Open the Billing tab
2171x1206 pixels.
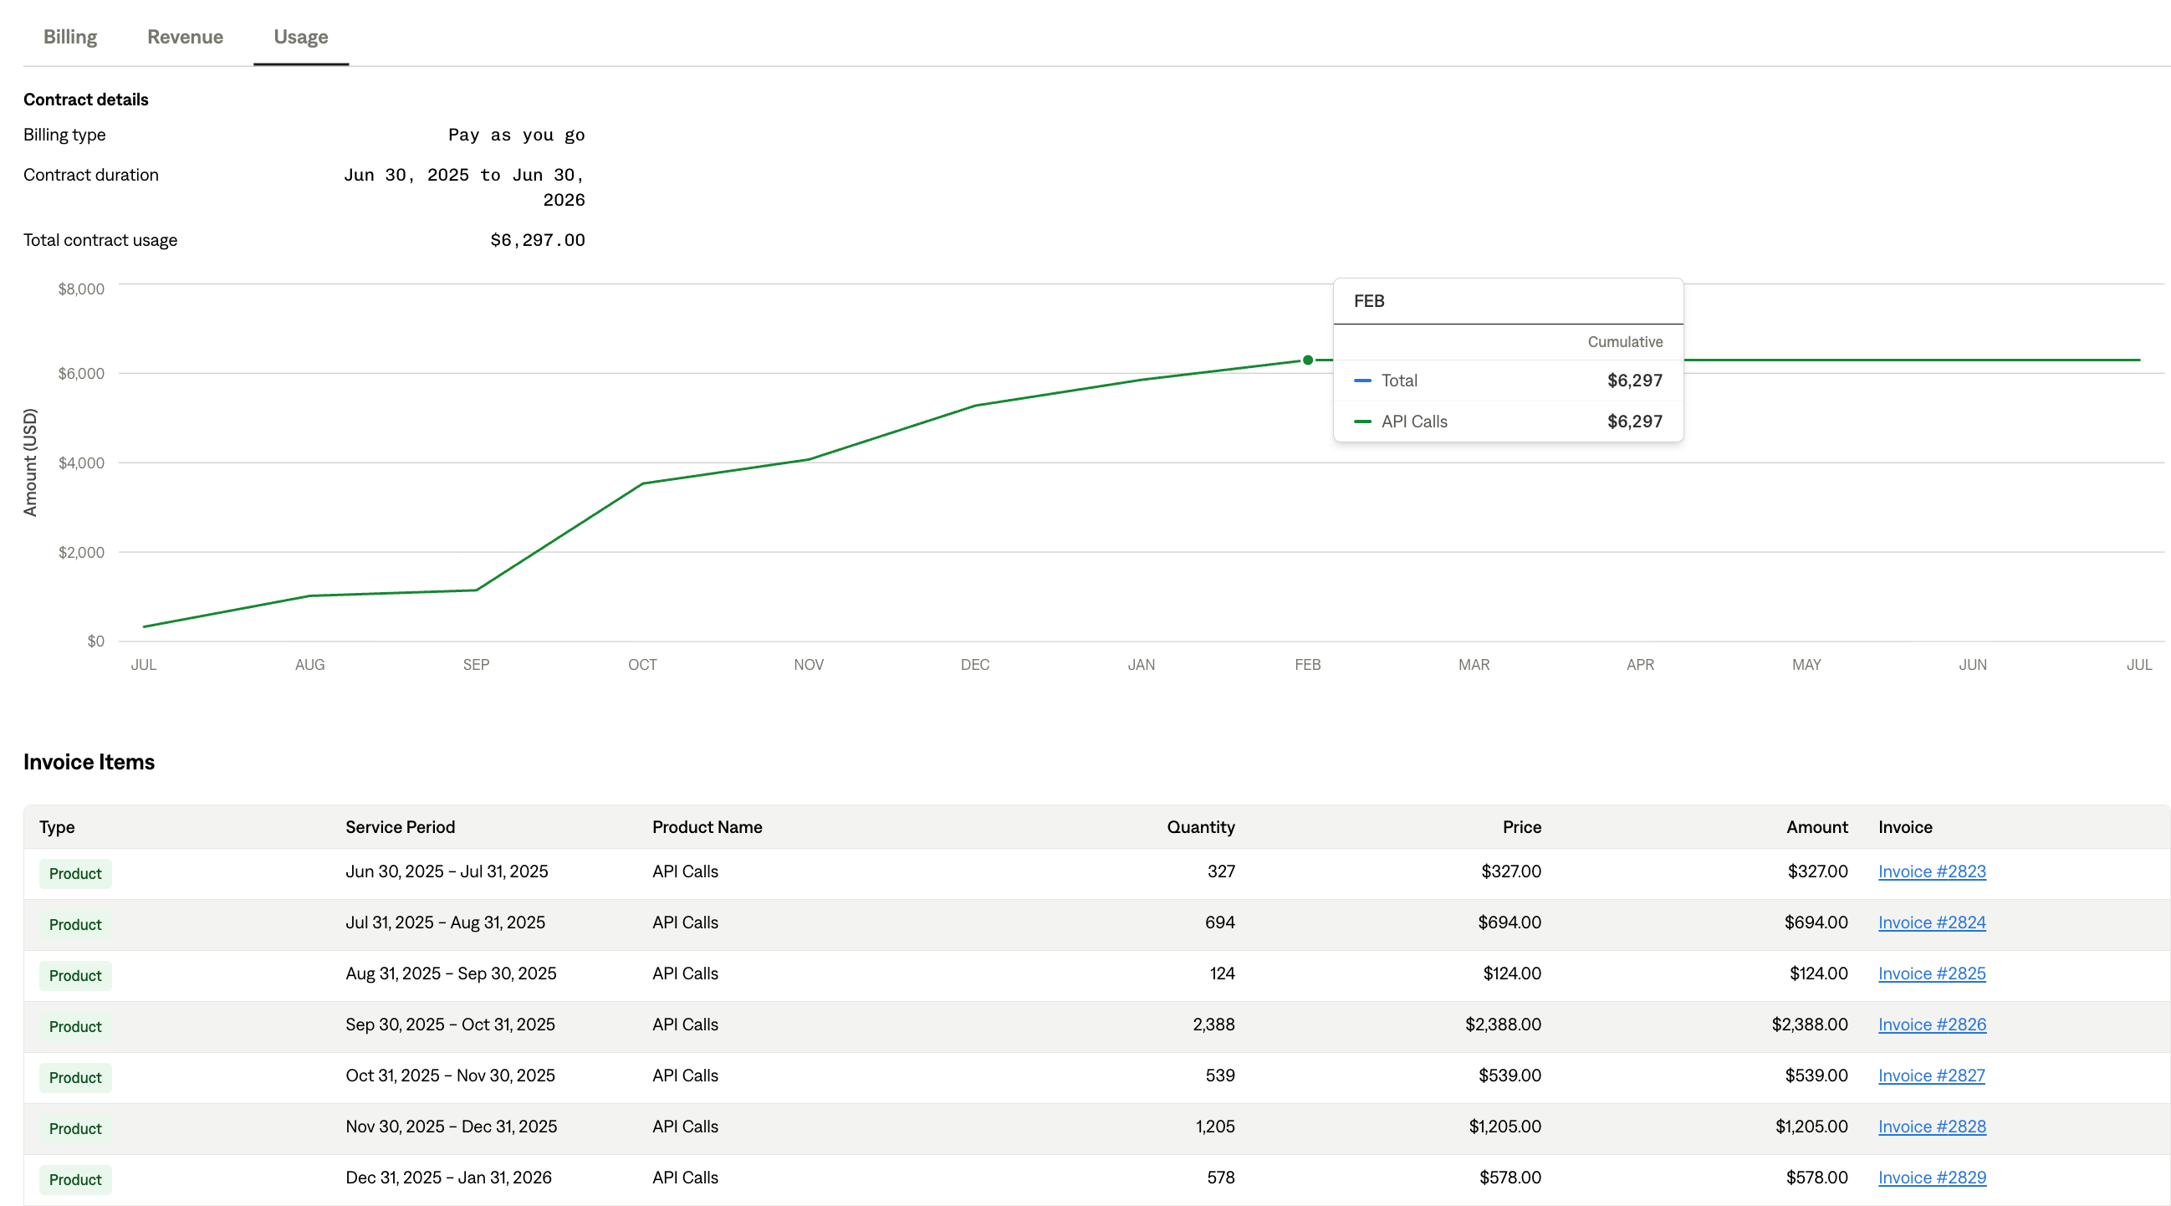[x=70, y=37]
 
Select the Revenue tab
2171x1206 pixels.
[x=185, y=37]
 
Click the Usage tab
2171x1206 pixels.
[x=301, y=37]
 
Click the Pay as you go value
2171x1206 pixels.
[x=516, y=135]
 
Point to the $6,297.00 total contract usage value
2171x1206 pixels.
[x=537, y=240]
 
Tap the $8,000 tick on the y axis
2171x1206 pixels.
[x=81, y=289]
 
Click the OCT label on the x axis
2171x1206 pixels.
[x=642, y=665]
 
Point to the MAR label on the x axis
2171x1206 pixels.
[x=1474, y=665]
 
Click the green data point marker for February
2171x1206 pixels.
[x=1307, y=360]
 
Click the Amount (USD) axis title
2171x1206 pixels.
[x=30, y=462]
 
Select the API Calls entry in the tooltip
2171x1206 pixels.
[x=1413, y=422]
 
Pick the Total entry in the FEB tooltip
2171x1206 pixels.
[x=1399, y=381]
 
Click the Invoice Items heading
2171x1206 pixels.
[x=89, y=762]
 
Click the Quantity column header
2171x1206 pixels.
[x=1200, y=827]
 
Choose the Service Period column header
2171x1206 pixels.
[x=400, y=827]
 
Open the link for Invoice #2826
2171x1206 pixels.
[x=1931, y=1025]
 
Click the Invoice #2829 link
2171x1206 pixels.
[x=1931, y=1178]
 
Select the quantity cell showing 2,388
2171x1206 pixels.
[x=1213, y=1025]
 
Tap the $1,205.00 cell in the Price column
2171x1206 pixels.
[x=1504, y=1127]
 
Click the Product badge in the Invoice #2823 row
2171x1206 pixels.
[x=75, y=874]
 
